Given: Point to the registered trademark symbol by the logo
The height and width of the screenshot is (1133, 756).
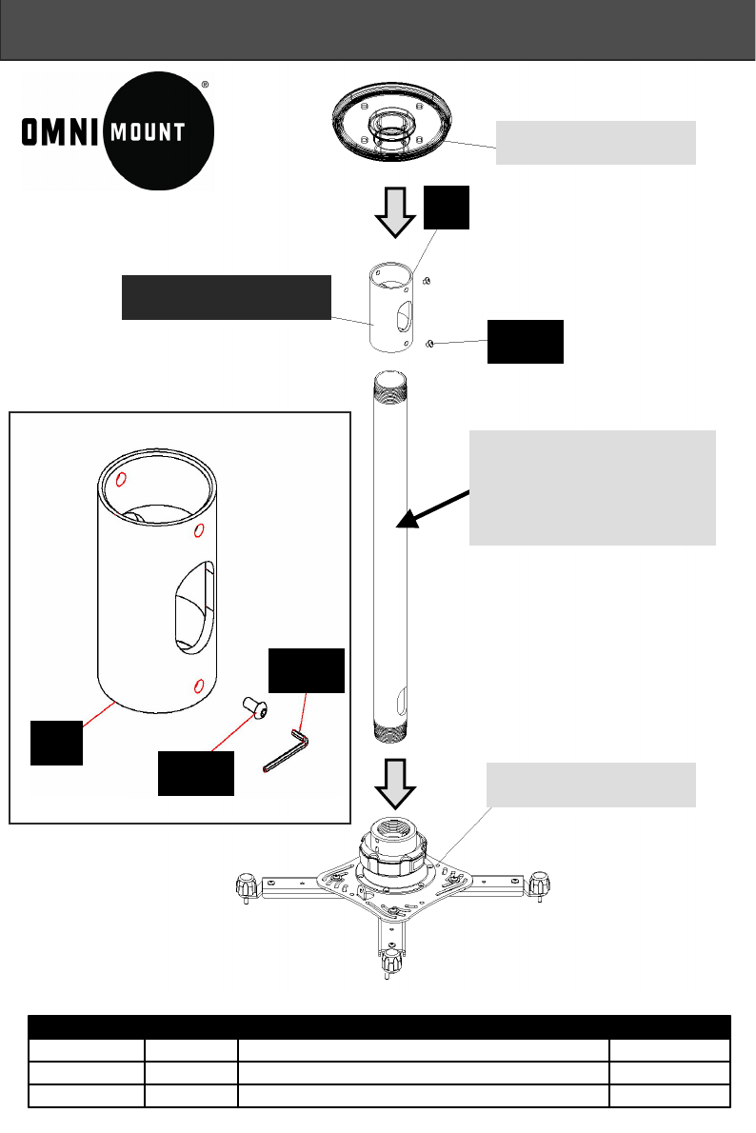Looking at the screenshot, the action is click(206, 84).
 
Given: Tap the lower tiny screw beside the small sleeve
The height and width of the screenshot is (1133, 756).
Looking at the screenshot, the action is click(430, 343).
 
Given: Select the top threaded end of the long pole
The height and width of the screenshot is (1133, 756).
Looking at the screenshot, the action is click(393, 384).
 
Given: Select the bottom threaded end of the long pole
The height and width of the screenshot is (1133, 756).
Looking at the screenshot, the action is click(393, 733).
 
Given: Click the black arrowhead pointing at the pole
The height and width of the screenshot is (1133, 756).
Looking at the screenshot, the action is click(407, 517).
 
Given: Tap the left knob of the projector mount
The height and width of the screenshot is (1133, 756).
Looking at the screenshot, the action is click(247, 886).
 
